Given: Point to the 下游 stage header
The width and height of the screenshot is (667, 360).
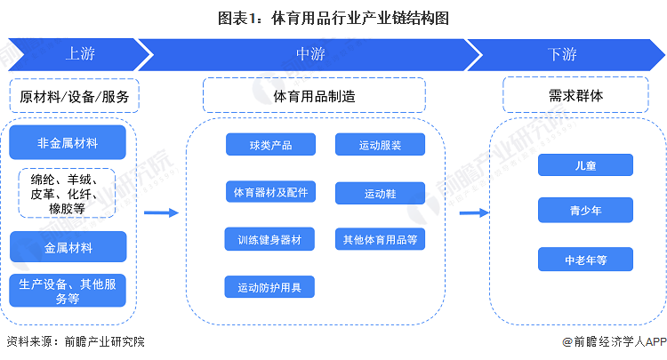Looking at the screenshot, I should coord(562,53).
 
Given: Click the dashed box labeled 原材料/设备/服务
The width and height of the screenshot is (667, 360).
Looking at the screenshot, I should coord(74,96).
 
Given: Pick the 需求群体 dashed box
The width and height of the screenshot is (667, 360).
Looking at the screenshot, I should coord(576,94).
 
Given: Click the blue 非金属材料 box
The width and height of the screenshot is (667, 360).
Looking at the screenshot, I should coord(68,142).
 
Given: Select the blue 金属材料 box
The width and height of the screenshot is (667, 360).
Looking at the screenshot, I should coord(68,246).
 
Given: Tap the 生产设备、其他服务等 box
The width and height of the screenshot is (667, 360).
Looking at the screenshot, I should coord(68,291).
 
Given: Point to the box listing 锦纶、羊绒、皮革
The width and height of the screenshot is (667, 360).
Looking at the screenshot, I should coord(68,193).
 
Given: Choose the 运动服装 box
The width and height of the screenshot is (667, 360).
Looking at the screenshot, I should coord(380,145).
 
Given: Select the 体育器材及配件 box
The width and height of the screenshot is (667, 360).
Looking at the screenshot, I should coord(269,192).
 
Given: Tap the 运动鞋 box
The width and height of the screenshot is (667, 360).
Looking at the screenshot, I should coord(380,193).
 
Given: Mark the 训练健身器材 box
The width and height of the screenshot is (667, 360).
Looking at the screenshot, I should coord(269,239).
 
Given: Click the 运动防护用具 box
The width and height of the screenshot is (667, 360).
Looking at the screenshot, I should coord(269,287).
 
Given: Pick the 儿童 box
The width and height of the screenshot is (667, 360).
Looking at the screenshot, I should coord(584,164).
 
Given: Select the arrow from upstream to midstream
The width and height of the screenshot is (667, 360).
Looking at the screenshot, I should coord(161,212).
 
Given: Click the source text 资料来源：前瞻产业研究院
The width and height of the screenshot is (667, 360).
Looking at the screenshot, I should coord(75,341).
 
